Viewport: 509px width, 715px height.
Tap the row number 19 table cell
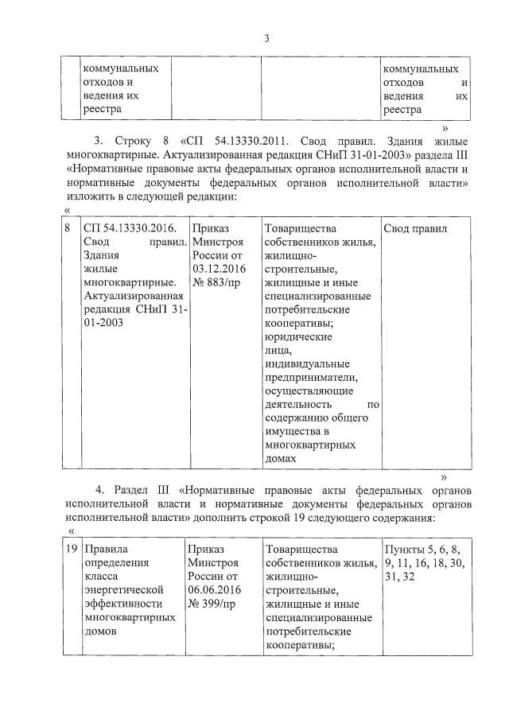[70, 549]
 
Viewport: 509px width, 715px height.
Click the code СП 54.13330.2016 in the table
[122, 229]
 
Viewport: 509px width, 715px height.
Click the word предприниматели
[313, 377]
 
